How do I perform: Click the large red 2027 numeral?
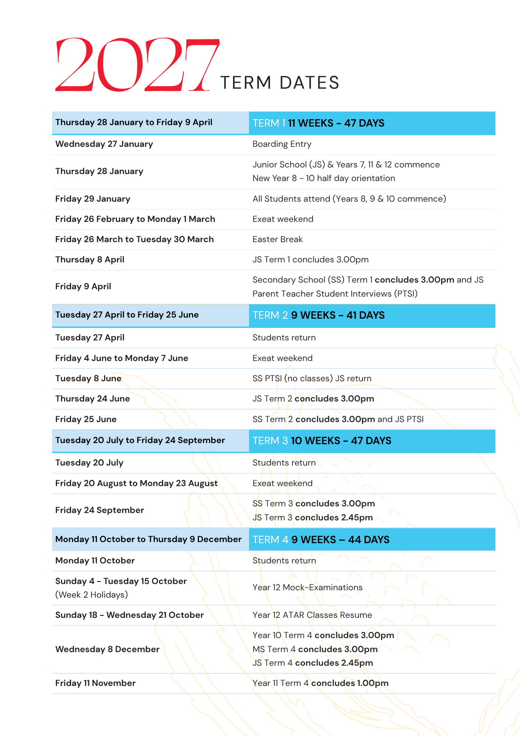click(137, 65)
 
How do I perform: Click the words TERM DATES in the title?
click(279, 83)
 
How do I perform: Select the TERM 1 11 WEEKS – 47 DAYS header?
click(318, 123)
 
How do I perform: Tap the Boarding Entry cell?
click(282, 144)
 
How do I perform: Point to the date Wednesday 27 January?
click(104, 144)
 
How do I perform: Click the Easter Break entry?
click(277, 240)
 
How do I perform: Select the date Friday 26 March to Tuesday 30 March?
click(134, 240)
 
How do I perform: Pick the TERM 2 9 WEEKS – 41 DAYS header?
click(318, 315)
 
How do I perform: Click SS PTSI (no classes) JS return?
click(312, 379)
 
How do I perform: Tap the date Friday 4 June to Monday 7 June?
click(121, 358)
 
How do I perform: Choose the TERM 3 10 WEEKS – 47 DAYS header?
click(322, 441)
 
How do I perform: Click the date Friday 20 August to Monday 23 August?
click(136, 484)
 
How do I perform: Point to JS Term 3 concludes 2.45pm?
click(313, 518)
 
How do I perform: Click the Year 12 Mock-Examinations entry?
click(307, 588)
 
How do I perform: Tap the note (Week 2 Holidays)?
click(92, 595)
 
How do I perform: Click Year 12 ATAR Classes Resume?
click(312, 615)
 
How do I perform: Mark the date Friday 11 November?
click(95, 683)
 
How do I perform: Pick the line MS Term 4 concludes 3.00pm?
click(315, 650)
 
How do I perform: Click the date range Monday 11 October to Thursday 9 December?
click(148, 539)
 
